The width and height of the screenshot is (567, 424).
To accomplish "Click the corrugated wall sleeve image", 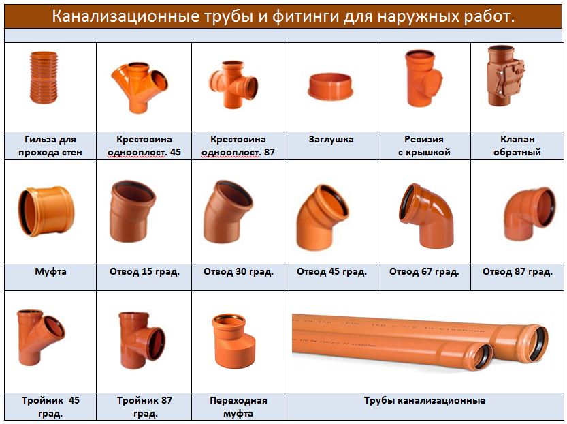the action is click(44, 78).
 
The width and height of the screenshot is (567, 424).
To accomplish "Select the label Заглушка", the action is click(331, 140).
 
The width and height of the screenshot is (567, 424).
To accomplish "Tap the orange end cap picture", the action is click(330, 86).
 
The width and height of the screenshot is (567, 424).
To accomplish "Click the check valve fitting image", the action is click(505, 76).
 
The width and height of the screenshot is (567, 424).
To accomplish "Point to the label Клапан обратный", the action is click(517, 146).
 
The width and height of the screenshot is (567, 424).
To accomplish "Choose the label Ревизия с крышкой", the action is click(424, 146).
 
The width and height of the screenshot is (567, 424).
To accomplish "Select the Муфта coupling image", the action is click(46, 211).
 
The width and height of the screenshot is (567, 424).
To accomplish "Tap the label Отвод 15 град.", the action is click(144, 271).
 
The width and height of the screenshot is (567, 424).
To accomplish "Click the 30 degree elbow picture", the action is click(227, 212).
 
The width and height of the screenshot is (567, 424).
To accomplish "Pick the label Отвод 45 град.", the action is click(331, 271).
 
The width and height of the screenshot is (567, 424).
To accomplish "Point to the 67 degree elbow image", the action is click(427, 216).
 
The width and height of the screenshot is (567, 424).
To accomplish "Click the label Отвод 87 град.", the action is click(517, 271).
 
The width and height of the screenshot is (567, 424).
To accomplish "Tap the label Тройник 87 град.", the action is click(144, 407).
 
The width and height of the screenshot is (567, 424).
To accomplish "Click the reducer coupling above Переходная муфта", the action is click(234, 341).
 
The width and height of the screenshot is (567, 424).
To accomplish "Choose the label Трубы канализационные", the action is click(425, 400).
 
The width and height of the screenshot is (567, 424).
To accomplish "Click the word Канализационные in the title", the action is click(125, 16).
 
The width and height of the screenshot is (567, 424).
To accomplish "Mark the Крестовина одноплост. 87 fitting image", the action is click(233, 85).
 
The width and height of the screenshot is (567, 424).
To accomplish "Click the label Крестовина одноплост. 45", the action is click(144, 146).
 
